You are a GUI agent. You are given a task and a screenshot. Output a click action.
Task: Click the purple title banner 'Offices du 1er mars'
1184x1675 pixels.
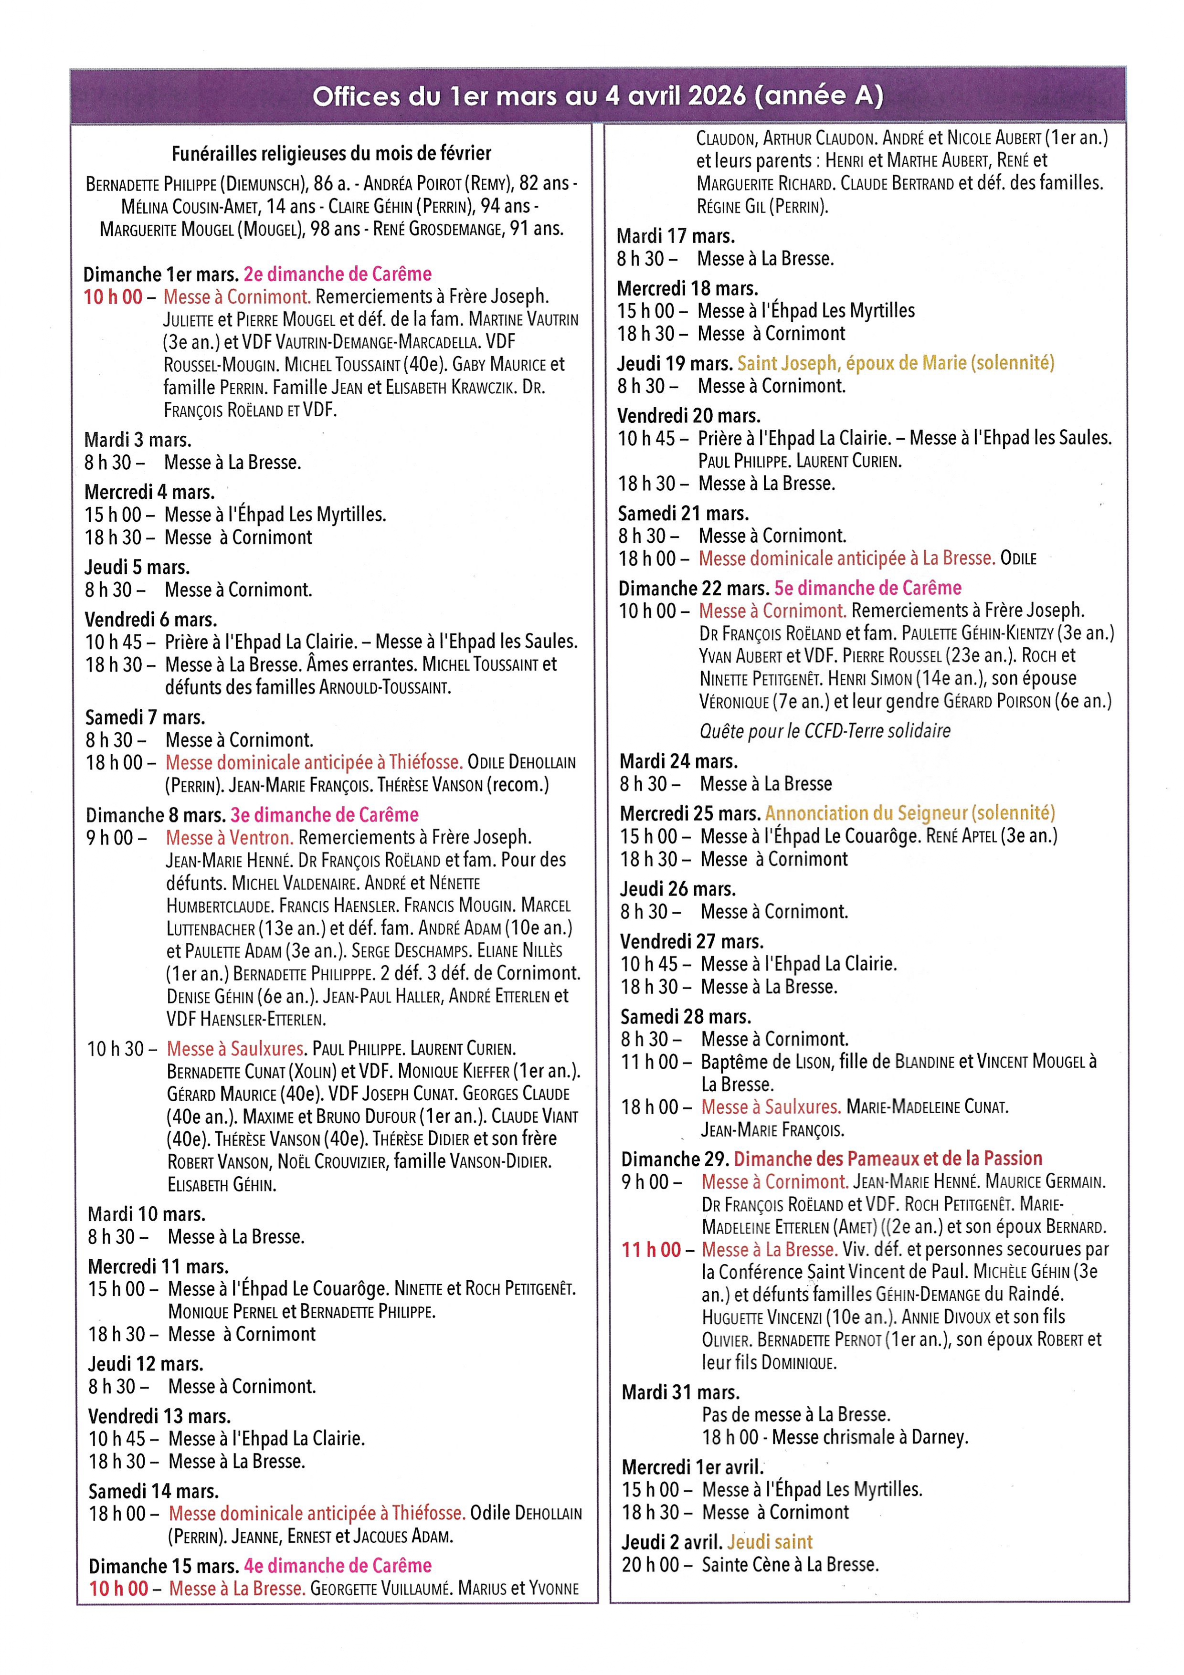597,95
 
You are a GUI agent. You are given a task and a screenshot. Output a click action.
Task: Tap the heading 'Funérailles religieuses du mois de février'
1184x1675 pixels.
331,153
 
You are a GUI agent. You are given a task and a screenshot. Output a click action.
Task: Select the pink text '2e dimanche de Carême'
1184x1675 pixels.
337,274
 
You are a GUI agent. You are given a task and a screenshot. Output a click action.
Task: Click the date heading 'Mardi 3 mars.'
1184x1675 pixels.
138,440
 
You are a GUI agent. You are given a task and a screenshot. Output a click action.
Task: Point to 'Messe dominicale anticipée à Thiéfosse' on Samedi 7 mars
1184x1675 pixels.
314,762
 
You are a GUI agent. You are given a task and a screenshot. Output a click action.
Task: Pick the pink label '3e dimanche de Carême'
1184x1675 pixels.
325,815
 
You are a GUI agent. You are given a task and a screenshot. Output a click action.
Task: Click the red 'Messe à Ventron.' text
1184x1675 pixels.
229,837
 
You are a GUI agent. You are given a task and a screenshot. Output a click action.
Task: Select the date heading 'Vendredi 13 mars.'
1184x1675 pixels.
159,1416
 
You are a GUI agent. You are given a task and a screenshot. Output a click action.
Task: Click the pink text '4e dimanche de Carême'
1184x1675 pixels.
337,1566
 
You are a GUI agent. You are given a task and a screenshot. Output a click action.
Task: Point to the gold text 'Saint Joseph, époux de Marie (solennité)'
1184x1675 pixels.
895,363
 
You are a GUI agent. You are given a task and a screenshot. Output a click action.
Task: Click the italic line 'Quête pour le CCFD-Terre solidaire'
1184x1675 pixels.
825,730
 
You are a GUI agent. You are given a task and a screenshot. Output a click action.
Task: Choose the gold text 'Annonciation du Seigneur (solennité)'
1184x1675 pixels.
909,813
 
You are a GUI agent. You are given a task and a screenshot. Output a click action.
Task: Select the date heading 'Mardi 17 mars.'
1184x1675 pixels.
676,236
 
